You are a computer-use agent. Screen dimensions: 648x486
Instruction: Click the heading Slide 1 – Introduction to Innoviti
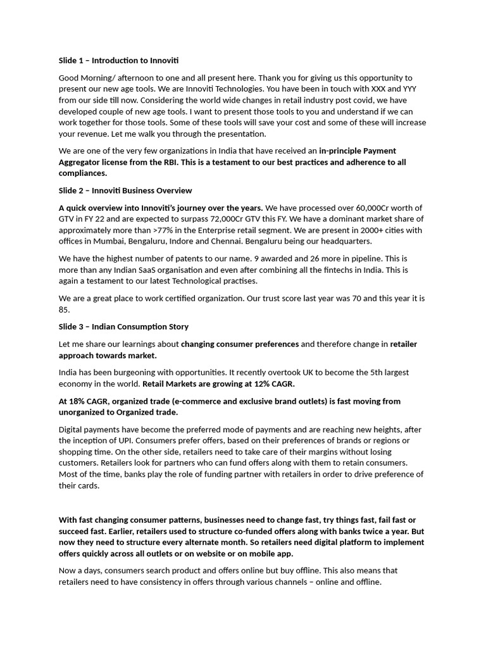click(x=118, y=61)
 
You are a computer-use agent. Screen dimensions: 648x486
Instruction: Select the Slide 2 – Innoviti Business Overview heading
click(x=125, y=190)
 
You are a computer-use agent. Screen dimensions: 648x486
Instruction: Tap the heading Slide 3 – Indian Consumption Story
click(x=123, y=327)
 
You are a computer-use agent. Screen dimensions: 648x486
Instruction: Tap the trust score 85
click(x=64, y=310)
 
